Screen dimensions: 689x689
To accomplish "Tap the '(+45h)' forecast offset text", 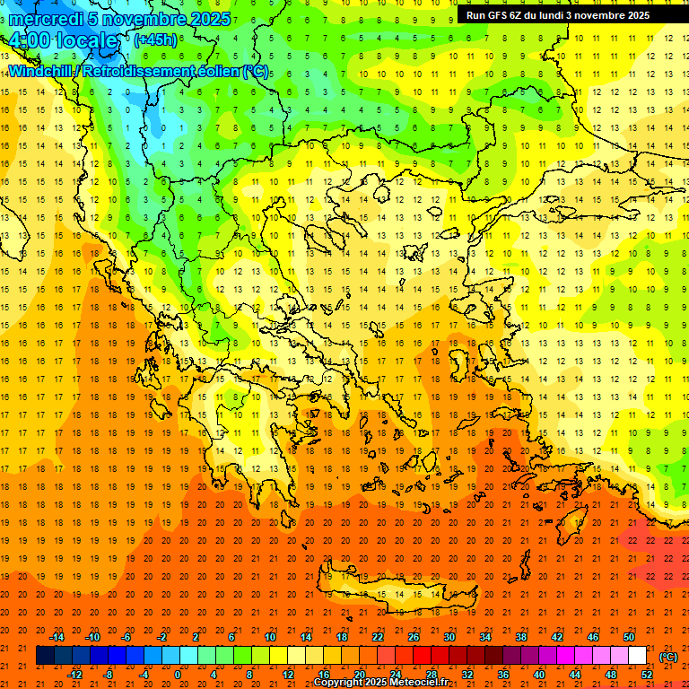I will [x=155, y=39].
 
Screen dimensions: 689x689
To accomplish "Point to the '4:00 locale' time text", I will [x=62, y=40].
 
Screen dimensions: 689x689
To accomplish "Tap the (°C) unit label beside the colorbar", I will [x=667, y=657].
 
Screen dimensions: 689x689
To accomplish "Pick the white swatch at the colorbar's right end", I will [x=637, y=657].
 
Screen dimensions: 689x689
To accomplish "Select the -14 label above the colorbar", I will [x=57, y=637].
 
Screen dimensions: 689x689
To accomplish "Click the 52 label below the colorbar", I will [x=647, y=675].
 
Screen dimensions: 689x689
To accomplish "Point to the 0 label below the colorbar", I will [x=178, y=675].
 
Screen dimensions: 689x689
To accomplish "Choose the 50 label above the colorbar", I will [x=628, y=637].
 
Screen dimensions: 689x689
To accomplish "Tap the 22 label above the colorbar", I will [x=378, y=637].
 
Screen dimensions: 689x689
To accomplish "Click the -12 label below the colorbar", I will [x=74, y=675].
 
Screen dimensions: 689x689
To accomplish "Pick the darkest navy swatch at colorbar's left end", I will [x=45, y=657].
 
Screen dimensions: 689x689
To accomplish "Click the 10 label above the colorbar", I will [x=269, y=637].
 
